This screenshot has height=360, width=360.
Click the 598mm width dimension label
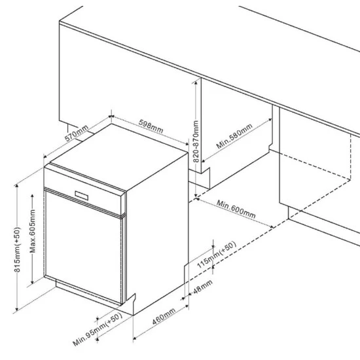point(151,126)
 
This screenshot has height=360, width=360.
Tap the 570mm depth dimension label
point(77,133)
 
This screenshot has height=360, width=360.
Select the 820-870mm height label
point(196,141)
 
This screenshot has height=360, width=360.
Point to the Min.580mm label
point(234,136)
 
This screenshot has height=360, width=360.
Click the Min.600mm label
point(236,209)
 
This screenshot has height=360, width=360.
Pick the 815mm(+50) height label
point(17,249)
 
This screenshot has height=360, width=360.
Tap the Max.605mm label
point(33,231)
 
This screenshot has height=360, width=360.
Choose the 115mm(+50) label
point(217,255)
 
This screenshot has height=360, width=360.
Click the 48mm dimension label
point(202,287)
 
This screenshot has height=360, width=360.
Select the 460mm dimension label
point(164,316)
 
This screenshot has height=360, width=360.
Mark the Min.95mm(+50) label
point(97,329)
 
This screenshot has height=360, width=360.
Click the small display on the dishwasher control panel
point(82,196)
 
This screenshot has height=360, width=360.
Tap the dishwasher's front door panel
point(83,247)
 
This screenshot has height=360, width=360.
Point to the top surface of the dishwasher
point(119,156)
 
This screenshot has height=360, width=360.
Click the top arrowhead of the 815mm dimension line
point(16,186)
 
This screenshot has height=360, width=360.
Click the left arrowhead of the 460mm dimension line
point(135,337)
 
